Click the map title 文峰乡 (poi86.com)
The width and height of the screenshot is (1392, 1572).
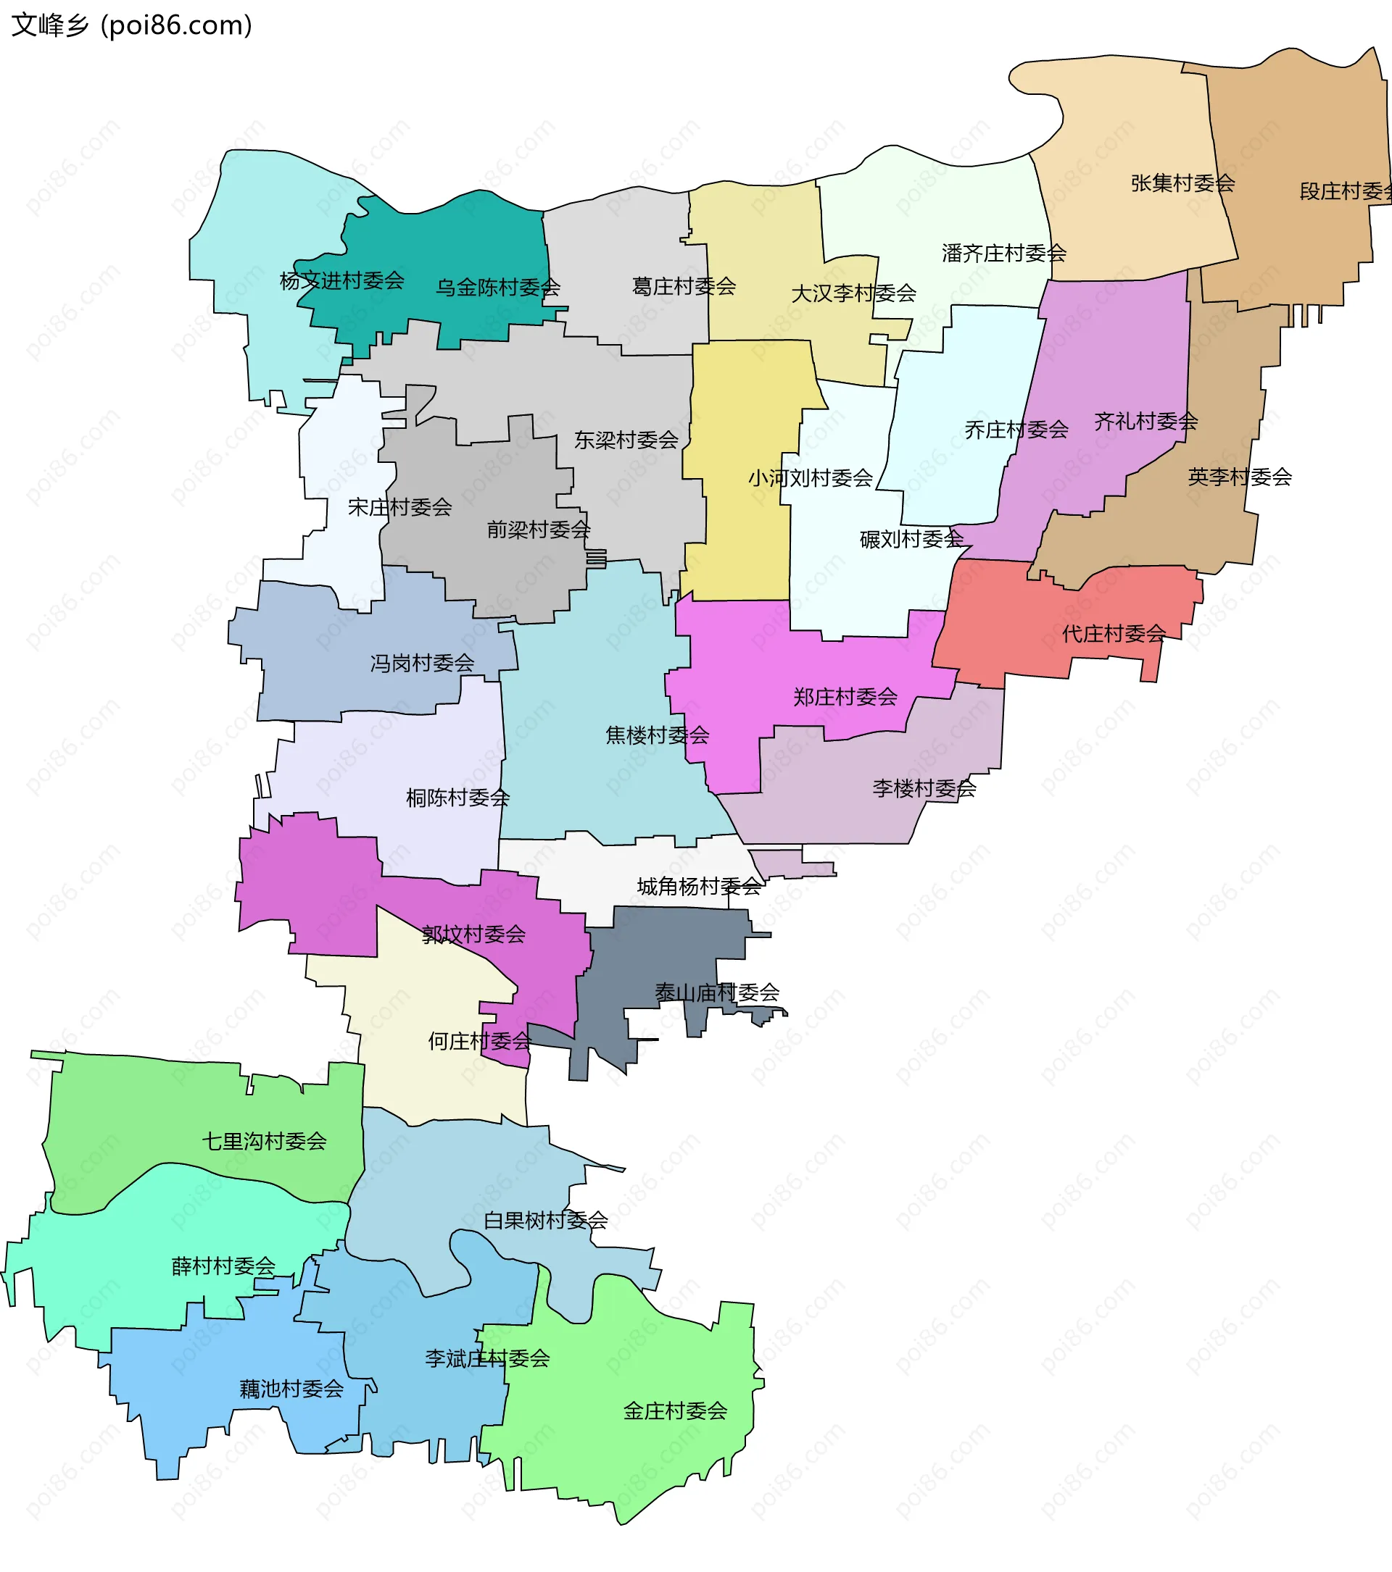pyautogui.click(x=131, y=25)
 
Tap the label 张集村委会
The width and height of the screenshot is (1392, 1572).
pyautogui.click(x=1182, y=183)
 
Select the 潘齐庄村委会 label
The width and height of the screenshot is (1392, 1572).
pyautogui.click(x=1003, y=253)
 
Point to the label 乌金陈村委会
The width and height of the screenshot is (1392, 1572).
pyautogui.click(x=498, y=288)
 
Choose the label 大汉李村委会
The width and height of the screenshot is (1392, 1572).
pyautogui.click(x=853, y=293)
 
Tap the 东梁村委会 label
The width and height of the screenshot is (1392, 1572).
pyautogui.click(x=626, y=440)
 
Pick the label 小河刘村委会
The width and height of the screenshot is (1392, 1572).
pyautogui.click(x=811, y=478)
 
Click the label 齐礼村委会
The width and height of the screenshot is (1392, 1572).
pyautogui.click(x=1145, y=422)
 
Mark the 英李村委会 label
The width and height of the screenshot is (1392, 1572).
pyautogui.click(x=1240, y=477)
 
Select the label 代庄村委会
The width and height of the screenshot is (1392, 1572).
pyautogui.click(x=1114, y=634)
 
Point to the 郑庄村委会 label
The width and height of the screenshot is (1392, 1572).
pyautogui.click(x=845, y=697)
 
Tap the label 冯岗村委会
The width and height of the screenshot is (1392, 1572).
pyautogui.click(x=422, y=663)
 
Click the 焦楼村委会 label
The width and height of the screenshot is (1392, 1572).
pyautogui.click(x=657, y=735)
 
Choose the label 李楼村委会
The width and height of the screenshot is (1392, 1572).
pyautogui.click(x=924, y=788)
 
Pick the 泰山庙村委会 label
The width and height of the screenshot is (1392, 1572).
pyautogui.click(x=716, y=993)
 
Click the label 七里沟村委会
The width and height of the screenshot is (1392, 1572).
pyautogui.click(x=264, y=1141)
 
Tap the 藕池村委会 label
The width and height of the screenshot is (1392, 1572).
pyautogui.click(x=291, y=1389)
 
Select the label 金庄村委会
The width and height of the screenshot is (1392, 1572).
pyautogui.click(x=675, y=1410)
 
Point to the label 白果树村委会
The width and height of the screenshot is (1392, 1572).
pyautogui.click(x=546, y=1221)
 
